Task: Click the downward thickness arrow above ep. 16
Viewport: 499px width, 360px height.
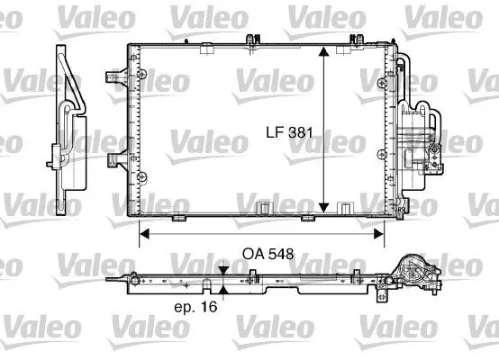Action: [222, 269]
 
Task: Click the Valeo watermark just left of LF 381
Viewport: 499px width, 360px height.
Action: [206, 142]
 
